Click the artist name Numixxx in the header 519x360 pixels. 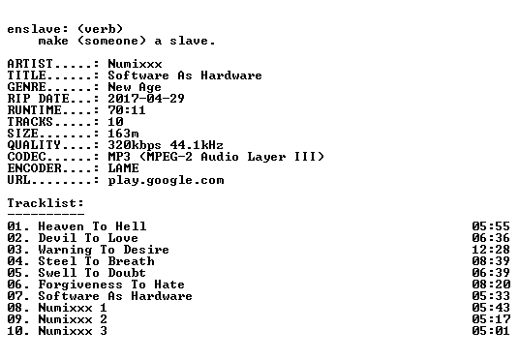135,64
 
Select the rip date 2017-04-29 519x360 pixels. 146,99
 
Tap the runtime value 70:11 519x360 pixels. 127,110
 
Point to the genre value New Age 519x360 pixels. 135,87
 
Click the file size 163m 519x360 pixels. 124,133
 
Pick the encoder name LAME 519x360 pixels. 124,168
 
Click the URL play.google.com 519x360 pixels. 167,180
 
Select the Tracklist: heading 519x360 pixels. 46,203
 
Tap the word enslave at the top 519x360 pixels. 34,29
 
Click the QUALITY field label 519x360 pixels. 34,145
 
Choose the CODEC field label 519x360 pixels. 26,157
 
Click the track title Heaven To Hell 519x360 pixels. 92,226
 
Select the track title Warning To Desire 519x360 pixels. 104,250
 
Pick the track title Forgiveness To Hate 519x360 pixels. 111,285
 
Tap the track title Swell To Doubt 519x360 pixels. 92,273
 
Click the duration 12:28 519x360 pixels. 491,250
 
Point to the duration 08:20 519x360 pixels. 491,285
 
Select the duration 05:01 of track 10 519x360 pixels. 491,331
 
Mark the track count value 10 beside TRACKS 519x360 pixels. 115,121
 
